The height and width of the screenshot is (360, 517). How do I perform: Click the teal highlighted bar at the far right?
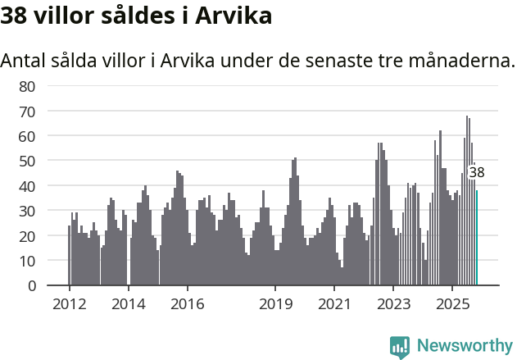[477, 238]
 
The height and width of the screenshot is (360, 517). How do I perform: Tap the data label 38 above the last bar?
[477, 172]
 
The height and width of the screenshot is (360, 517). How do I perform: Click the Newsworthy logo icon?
[400, 346]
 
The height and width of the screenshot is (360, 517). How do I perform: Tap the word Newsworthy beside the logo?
[464, 346]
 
